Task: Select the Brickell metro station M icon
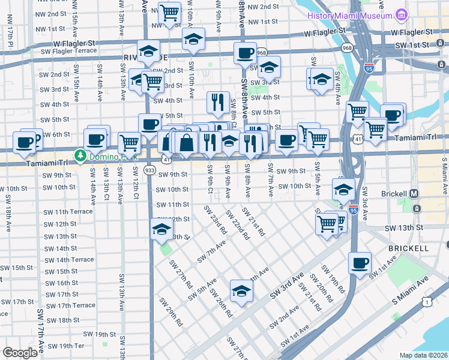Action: pos(414,194)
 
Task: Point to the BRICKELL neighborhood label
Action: pos(408,248)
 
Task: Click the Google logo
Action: pos(20,353)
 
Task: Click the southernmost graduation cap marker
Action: pos(241,290)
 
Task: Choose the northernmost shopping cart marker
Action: pos(170,11)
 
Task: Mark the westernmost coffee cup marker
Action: pos(25,142)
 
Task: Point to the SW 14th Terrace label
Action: pos(70,260)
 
